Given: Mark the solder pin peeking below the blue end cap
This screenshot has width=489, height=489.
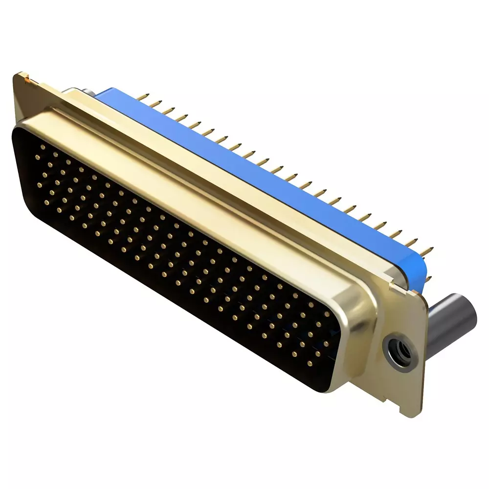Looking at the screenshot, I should pos(429,279).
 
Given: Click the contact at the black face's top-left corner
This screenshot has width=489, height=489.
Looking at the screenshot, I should pos(43,146).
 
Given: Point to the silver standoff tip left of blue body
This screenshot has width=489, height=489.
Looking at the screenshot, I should pos(78,91).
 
